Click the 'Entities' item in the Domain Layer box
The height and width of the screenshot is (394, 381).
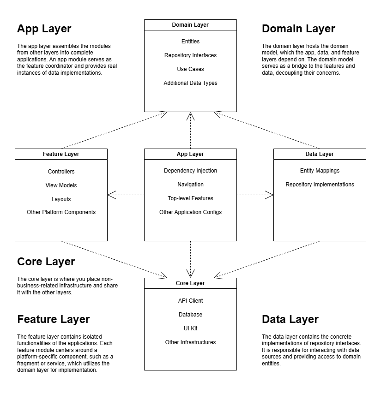pyautogui.click(x=190, y=42)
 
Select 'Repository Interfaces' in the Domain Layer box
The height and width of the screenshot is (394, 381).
pyautogui.click(x=190, y=55)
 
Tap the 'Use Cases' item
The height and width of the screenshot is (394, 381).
pyautogui.click(x=190, y=69)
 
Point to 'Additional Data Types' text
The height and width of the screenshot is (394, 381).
pyautogui.click(x=190, y=83)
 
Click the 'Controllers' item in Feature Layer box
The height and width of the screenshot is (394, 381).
pyautogui.click(x=61, y=172)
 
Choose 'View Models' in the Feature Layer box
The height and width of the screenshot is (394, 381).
pyautogui.click(x=61, y=185)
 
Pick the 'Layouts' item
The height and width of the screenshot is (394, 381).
pyautogui.click(x=61, y=199)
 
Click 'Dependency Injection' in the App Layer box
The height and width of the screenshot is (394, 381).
pyautogui.click(x=190, y=171)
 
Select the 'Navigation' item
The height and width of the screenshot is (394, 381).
pyautogui.click(x=190, y=185)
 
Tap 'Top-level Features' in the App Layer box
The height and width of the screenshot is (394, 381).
pyautogui.click(x=190, y=198)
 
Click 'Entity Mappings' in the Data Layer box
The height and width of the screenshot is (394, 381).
pyautogui.click(x=320, y=171)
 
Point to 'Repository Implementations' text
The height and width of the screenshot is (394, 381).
pyautogui.click(x=320, y=185)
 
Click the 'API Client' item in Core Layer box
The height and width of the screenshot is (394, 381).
pyautogui.click(x=190, y=301)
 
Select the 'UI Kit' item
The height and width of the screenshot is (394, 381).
pyautogui.click(x=190, y=328)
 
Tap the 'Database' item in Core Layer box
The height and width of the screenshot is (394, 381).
pyautogui.click(x=190, y=315)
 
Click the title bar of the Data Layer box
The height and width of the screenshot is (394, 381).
pyautogui.click(x=320, y=154)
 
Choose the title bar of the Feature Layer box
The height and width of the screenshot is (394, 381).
pyautogui.click(x=61, y=154)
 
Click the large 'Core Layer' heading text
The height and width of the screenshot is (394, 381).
pyautogui.click(x=46, y=262)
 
